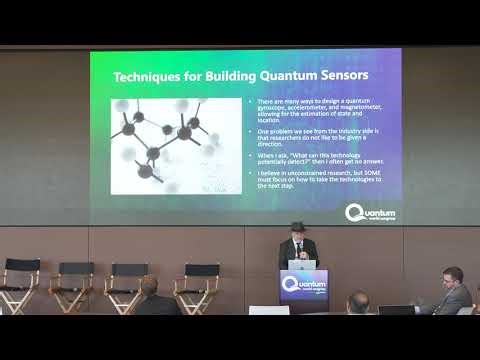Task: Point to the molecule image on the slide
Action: coord(164,144)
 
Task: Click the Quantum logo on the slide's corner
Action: coord(369,212)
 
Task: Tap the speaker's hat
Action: coord(296,227)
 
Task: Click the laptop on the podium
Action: coord(302,265)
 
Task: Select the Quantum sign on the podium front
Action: coord(303,285)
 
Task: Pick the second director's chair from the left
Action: coord(73,285)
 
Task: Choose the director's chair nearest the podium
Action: coord(197,284)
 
